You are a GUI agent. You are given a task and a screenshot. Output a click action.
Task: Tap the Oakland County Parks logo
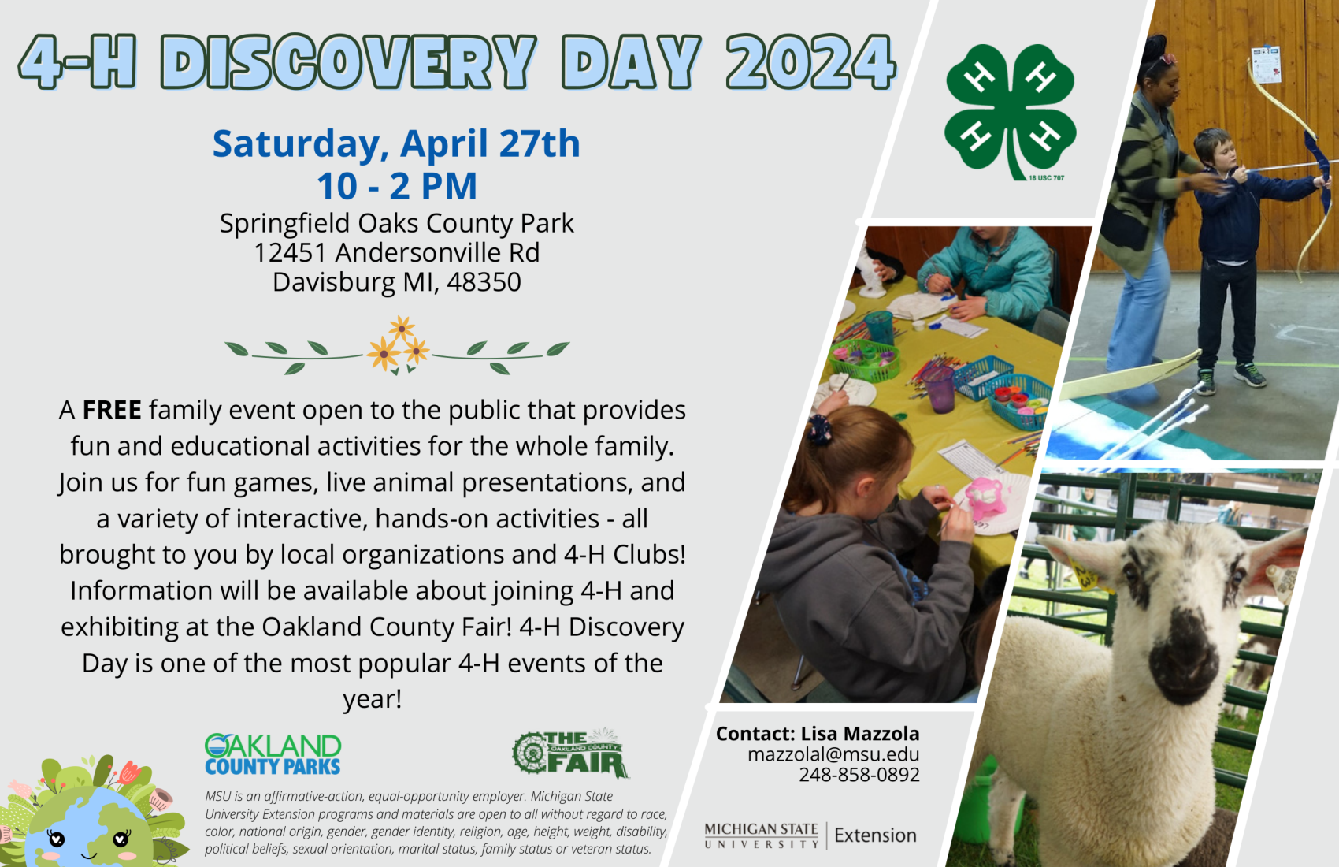273,754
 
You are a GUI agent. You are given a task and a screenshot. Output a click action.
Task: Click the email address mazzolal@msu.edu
833,754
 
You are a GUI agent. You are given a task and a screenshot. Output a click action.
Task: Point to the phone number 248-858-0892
859,775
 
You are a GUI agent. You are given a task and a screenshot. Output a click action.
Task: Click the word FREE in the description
112,410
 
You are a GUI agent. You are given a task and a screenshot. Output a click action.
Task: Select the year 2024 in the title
810,62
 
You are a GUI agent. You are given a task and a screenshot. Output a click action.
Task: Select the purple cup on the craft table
940,388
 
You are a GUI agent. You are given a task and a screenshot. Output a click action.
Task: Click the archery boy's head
1213,151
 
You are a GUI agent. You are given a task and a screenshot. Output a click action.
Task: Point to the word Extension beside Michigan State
875,835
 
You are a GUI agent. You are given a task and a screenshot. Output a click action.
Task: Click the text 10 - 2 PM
397,187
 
